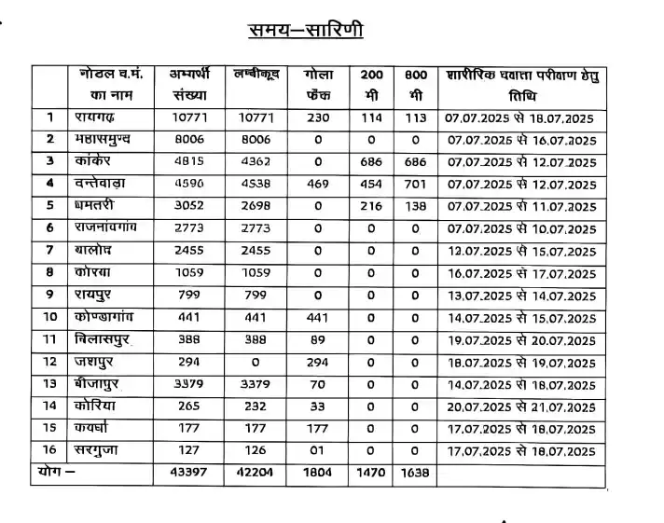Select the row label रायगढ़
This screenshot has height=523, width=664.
coord(96,117)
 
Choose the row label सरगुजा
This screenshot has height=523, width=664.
coord(100,452)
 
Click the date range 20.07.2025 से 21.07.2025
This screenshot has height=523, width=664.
coord(520,407)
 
